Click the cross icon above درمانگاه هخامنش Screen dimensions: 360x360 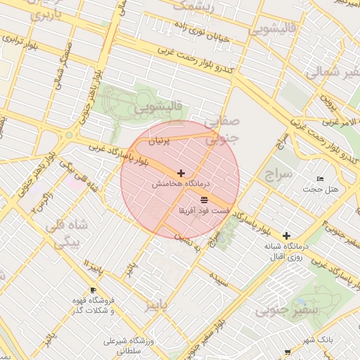[x=181, y=172]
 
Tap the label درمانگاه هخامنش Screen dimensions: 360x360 [x=181, y=184]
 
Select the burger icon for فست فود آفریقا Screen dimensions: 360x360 [x=204, y=200]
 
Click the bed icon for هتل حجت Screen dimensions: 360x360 [x=321, y=179]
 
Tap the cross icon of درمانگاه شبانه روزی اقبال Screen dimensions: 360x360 [x=286, y=236]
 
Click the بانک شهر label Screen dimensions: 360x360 [x=320, y=340]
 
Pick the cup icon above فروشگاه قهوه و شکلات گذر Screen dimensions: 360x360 [x=93, y=290]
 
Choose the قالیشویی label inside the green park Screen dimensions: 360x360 [x=159, y=108]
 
